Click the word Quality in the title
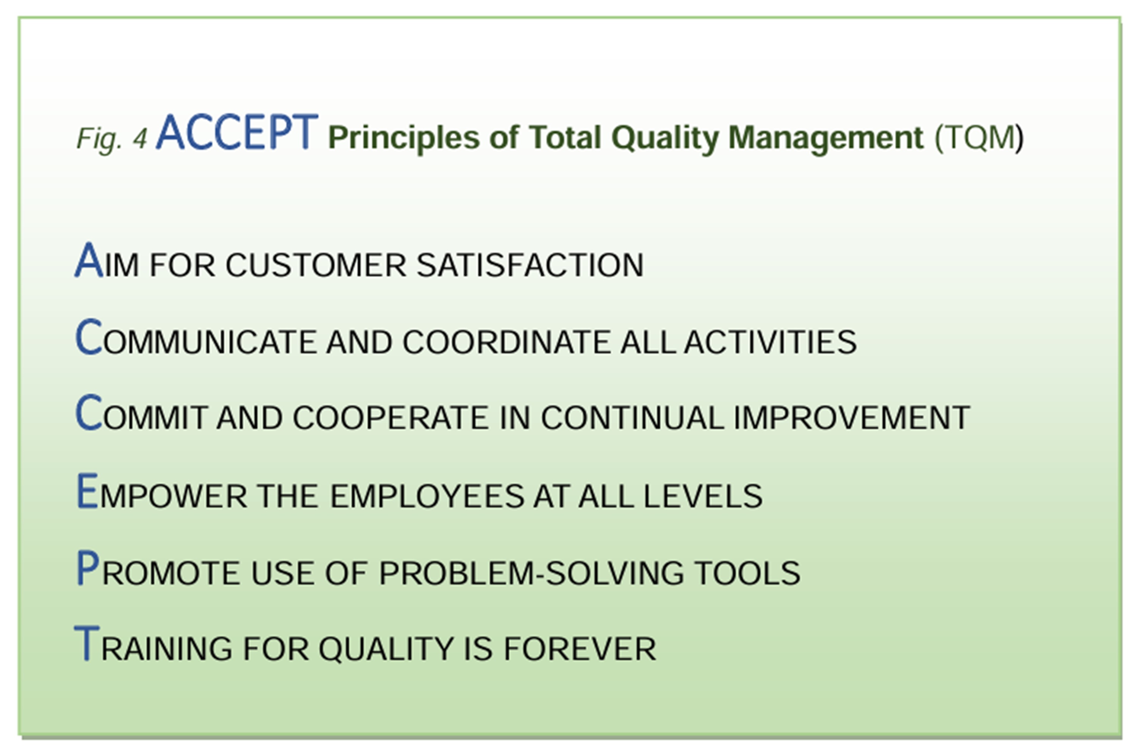(666, 138)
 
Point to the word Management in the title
(826, 138)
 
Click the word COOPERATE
(390, 418)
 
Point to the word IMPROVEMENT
(852, 418)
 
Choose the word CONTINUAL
(632, 418)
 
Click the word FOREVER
(580, 649)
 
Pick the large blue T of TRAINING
(87, 643)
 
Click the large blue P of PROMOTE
(88, 568)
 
